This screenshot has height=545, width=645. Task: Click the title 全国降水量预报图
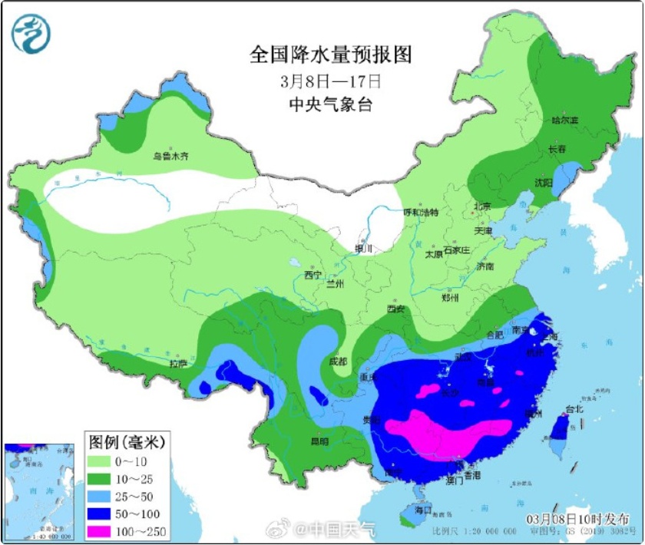tap(330, 54)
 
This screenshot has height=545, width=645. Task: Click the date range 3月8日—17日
tap(330, 81)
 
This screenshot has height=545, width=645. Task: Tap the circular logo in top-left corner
tap(29, 34)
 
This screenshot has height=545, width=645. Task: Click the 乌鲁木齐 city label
tap(170, 156)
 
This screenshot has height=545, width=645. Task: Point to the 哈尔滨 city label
tap(564, 121)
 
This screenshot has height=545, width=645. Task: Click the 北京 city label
tap(482, 206)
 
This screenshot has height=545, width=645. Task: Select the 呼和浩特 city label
tap(421, 213)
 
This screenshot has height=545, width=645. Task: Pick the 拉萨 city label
tap(178, 363)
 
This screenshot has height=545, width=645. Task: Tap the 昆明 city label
tap(319, 441)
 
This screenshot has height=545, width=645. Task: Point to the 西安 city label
tap(395, 309)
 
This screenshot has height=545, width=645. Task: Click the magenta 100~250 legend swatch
tap(102, 530)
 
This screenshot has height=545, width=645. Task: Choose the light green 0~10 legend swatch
tap(102, 461)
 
